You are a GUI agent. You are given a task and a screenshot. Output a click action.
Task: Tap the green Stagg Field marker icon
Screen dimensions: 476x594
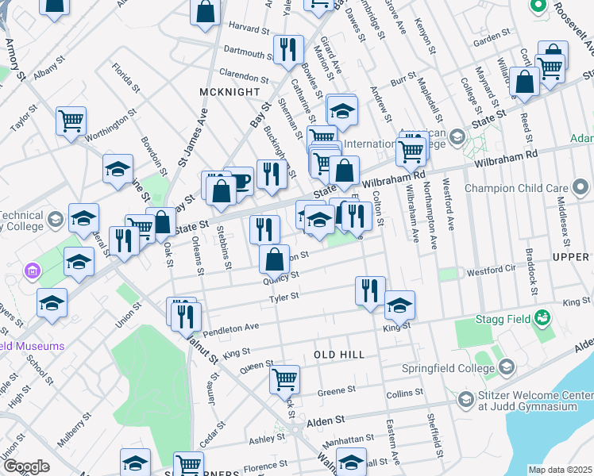click(543, 319)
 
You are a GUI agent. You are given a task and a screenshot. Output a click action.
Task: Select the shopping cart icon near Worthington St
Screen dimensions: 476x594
click(71, 121)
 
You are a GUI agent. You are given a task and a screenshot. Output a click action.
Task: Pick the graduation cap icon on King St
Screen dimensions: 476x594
click(399, 304)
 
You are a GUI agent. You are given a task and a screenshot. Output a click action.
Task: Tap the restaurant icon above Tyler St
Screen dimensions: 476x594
click(370, 290)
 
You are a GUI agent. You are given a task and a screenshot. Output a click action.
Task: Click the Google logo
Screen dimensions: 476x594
click(26, 466)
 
